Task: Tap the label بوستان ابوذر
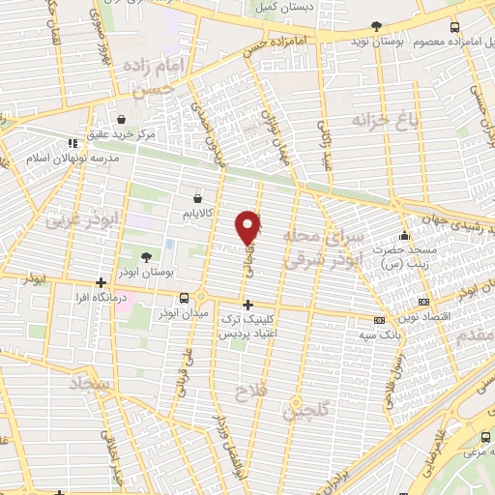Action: pos(160,274)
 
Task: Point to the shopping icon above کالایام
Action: pos(199,193)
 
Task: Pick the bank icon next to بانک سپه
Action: pos(380,320)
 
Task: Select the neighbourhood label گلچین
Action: pos(303,410)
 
